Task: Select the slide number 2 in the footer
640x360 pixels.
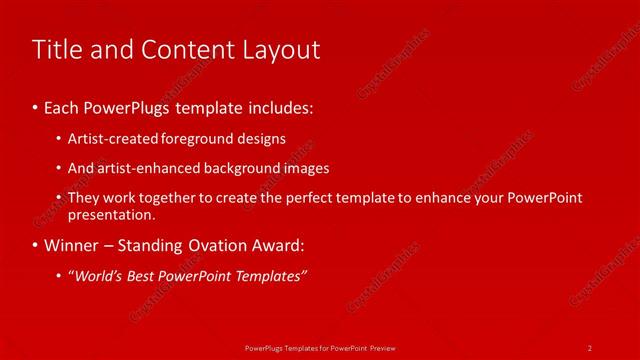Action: tap(590, 347)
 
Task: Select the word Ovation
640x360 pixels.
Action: tap(213, 245)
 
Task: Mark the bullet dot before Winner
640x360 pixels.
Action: tap(35, 245)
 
